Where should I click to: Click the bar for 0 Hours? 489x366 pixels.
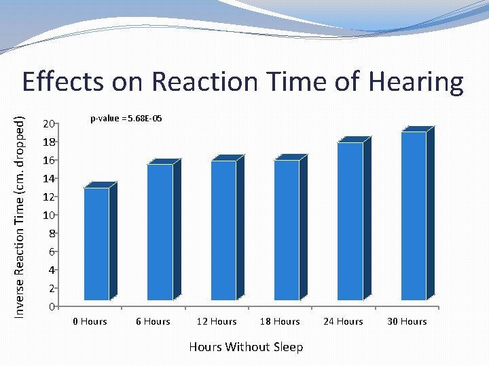coord(96,244)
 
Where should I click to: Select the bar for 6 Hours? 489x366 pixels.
coord(160,232)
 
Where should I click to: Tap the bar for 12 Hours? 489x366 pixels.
coord(223,230)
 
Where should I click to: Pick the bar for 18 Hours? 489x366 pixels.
coord(287,230)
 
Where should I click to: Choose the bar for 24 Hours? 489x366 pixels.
coord(350,221)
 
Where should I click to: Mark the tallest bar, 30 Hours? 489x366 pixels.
coord(414,216)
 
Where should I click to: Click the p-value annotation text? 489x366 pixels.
coord(126,119)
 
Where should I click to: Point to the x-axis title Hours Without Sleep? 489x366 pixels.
coord(246,347)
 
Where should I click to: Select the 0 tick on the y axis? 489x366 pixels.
coord(51,307)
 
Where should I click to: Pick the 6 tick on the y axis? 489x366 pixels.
coord(51,252)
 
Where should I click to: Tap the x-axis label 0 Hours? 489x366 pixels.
coord(90,321)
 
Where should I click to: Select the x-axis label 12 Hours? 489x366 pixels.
coord(216,321)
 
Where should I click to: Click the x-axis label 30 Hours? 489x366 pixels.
coord(407,321)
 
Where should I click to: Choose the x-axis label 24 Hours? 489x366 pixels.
coord(343,321)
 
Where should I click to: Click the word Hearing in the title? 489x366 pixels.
coord(416,83)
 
